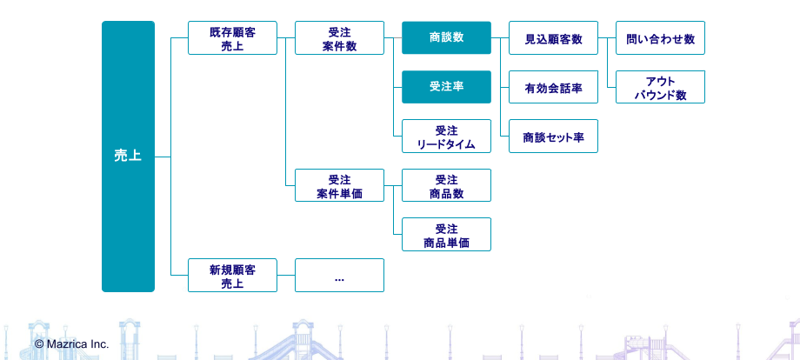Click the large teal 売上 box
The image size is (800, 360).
pyautogui.click(x=128, y=157)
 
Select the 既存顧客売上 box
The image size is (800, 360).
pyautogui.click(x=233, y=37)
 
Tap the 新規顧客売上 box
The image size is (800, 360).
pyautogui.click(x=233, y=276)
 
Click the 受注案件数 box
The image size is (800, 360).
pyautogui.click(x=339, y=37)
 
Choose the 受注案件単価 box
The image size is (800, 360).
pyautogui.click(x=339, y=185)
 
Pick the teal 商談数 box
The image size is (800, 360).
pyautogui.click(x=446, y=37)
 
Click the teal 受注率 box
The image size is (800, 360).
pyautogui.click(x=446, y=87)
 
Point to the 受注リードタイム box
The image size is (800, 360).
pyautogui.click(x=446, y=137)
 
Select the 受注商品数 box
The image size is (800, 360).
pyautogui.click(x=446, y=185)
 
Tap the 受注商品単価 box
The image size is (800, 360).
pyautogui.click(x=446, y=235)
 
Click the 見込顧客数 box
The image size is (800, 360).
pyautogui.click(x=554, y=37)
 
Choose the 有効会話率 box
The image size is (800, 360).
pyautogui.click(x=554, y=87)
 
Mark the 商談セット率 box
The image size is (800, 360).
pyautogui.click(x=554, y=137)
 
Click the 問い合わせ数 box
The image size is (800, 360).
pyautogui.click(x=660, y=37)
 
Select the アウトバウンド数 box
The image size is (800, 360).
pyautogui.click(x=660, y=87)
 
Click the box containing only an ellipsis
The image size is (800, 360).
pyautogui.click(x=339, y=276)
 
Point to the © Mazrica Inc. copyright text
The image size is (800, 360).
pyautogui.click(x=72, y=344)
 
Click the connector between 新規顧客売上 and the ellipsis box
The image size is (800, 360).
pyautogui.click(x=286, y=276)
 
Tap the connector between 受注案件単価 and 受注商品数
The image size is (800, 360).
pyautogui.click(x=393, y=185)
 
